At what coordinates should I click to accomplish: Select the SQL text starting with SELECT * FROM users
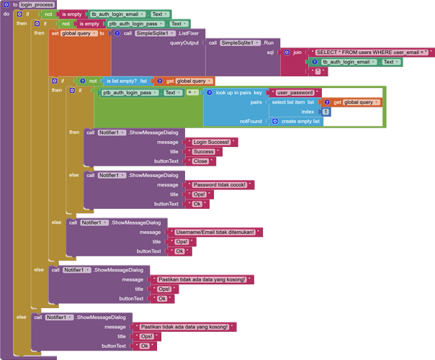pyautogui.click(x=372, y=52)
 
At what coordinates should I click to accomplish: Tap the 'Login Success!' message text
pyautogui.click(x=211, y=142)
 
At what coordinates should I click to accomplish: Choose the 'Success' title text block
pyautogui.click(x=204, y=152)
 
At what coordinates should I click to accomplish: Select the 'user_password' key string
pyautogui.click(x=295, y=93)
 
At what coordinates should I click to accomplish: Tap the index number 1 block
pyautogui.click(x=326, y=112)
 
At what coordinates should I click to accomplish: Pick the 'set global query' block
pyautogui.click(x=76, y=33)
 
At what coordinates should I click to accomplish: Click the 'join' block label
pyautogui.click(x=297, y=53)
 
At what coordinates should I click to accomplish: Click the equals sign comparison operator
pyautogui.click(x=191, y=93)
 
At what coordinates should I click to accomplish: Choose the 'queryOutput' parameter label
pyautogui.click(x=184, y=42)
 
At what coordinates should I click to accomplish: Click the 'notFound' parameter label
pyautogui.click(x=252, y=121)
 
